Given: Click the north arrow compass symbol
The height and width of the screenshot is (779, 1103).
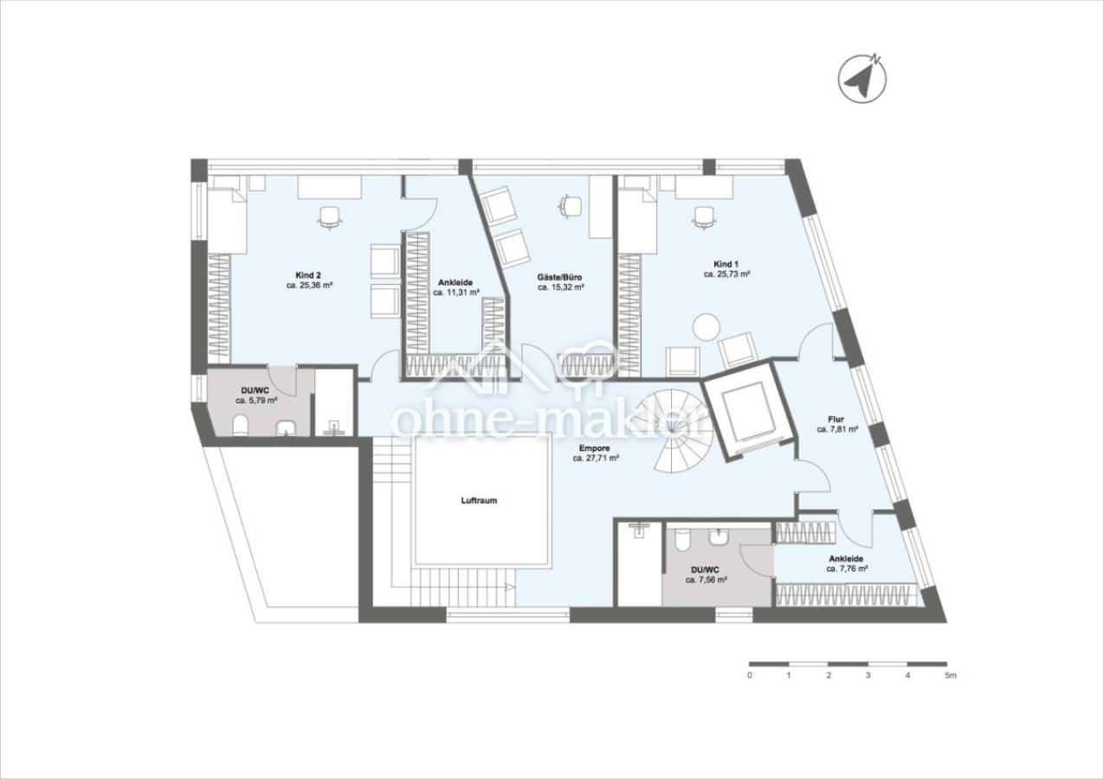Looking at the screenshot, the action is tap(862, 79).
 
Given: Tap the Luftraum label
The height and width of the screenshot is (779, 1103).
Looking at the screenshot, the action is tap(479, 500).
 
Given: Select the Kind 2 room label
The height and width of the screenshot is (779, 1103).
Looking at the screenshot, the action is tap(308, 274).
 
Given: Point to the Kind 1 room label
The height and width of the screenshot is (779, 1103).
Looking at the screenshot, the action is tap(726, 263).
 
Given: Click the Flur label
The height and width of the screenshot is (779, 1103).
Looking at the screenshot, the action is tap(836, 420).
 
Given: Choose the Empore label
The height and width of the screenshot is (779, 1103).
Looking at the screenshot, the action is tap(595, 448).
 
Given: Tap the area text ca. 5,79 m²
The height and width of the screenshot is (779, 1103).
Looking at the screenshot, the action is tap(256, 401).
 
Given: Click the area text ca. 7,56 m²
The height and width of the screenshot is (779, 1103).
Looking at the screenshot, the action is tap(706, 580).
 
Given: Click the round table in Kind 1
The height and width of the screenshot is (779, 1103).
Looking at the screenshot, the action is tap(705, 327).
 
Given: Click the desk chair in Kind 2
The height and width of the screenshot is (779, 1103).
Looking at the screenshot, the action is tap(330, 217).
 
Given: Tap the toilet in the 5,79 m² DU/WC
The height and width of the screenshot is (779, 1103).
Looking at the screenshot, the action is tap(241, 426).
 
